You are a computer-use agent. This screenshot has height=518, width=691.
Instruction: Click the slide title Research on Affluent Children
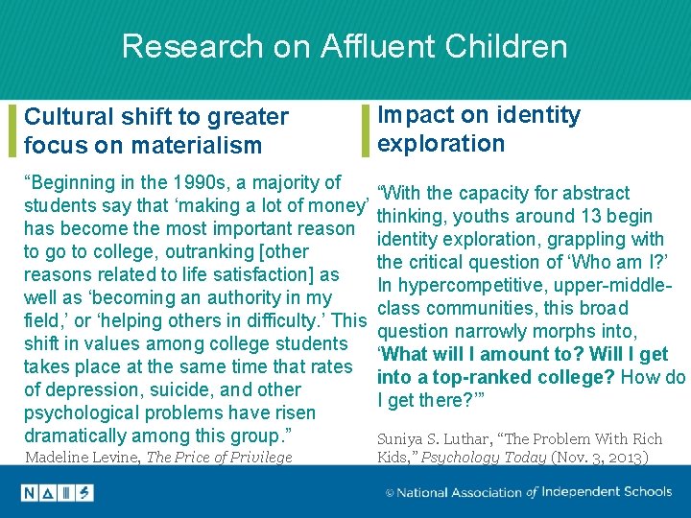click(345, 46)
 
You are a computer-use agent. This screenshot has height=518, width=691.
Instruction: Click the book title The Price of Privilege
click(220, 458)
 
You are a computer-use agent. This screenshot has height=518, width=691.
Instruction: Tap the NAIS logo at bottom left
click(57, 493)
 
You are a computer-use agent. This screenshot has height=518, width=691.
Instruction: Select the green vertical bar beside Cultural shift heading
click(12, 130)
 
